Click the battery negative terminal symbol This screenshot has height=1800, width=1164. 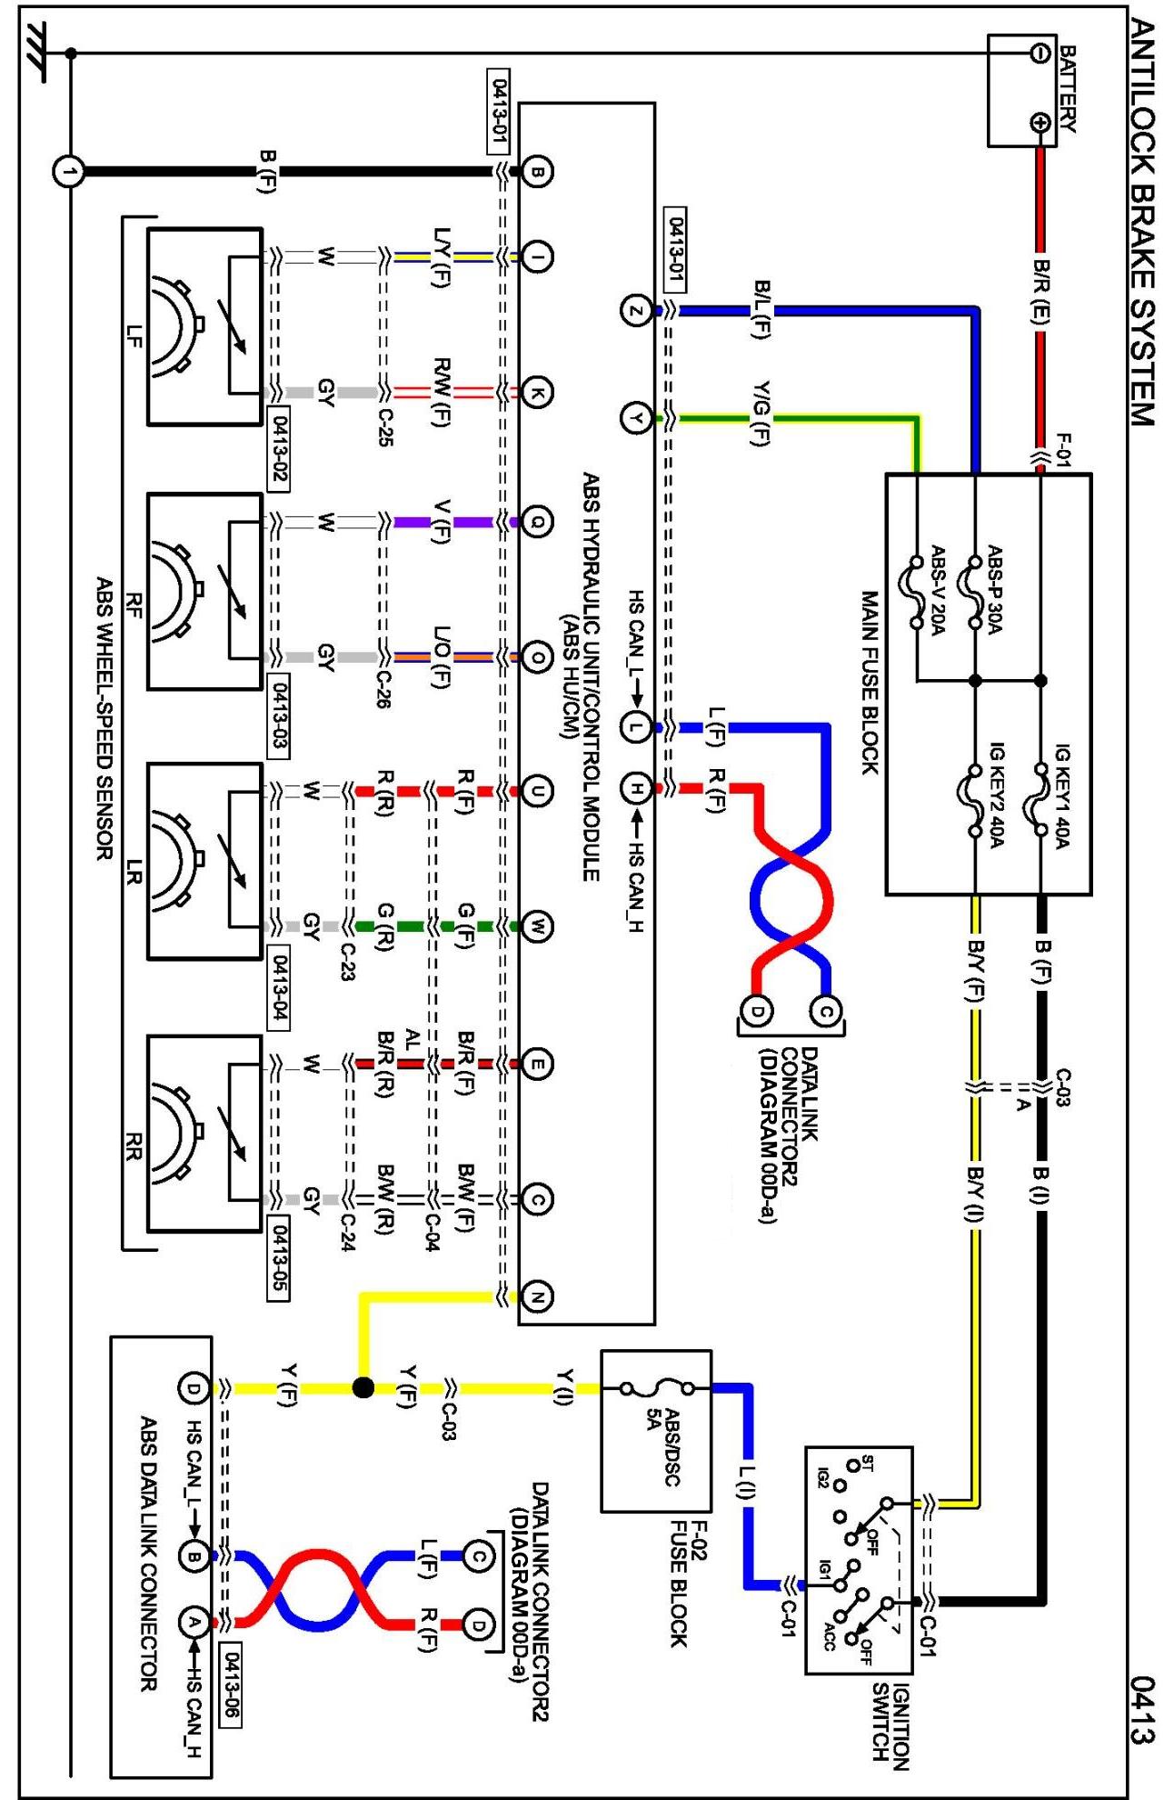[x=1040, y=54]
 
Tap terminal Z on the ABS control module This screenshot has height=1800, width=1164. [x=635, y=311]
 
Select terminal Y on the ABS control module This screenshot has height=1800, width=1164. [x=635, y=418]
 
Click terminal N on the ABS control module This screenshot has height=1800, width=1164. [x=537, y=1297]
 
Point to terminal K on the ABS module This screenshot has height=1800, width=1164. [x=537, y=393]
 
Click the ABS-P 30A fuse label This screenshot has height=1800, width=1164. [x=995, y=590]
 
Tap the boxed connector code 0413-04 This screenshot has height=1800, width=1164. [x=279, y=988]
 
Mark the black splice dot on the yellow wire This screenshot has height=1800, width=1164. [x=363, y=1388]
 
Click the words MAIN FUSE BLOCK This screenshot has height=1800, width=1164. [x=870, y=684]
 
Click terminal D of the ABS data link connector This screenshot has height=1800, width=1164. [x=194, y=1388]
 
